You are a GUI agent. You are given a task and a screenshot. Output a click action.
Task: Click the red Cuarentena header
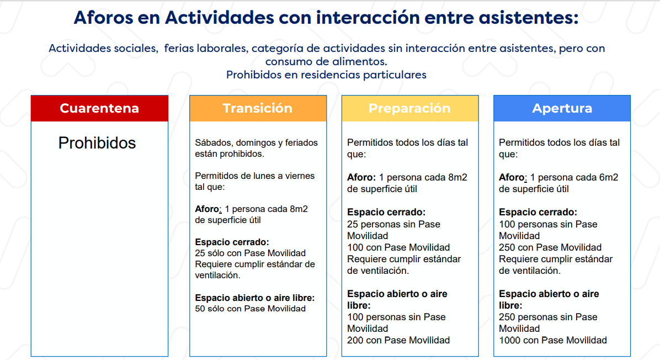[x=99, y=108]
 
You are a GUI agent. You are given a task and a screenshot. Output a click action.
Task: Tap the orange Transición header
[x=258, y=108]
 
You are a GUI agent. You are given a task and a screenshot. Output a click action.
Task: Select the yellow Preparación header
[x=409, y=108]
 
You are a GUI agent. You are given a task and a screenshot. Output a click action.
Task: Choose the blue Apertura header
[x=562, y=108]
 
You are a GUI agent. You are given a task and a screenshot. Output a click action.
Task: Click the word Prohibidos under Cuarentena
[x=97, y=143]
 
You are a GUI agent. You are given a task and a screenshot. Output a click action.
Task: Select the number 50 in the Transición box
[x=200, y=309]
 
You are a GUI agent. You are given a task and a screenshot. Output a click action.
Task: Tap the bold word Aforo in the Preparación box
[x=360, y=177]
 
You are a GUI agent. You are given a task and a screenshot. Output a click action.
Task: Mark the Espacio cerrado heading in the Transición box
[x=232, y=242]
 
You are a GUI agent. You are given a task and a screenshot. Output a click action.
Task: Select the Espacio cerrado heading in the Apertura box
[x=538, y=212]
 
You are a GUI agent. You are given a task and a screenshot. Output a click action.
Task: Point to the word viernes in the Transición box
[x=300, y=176]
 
